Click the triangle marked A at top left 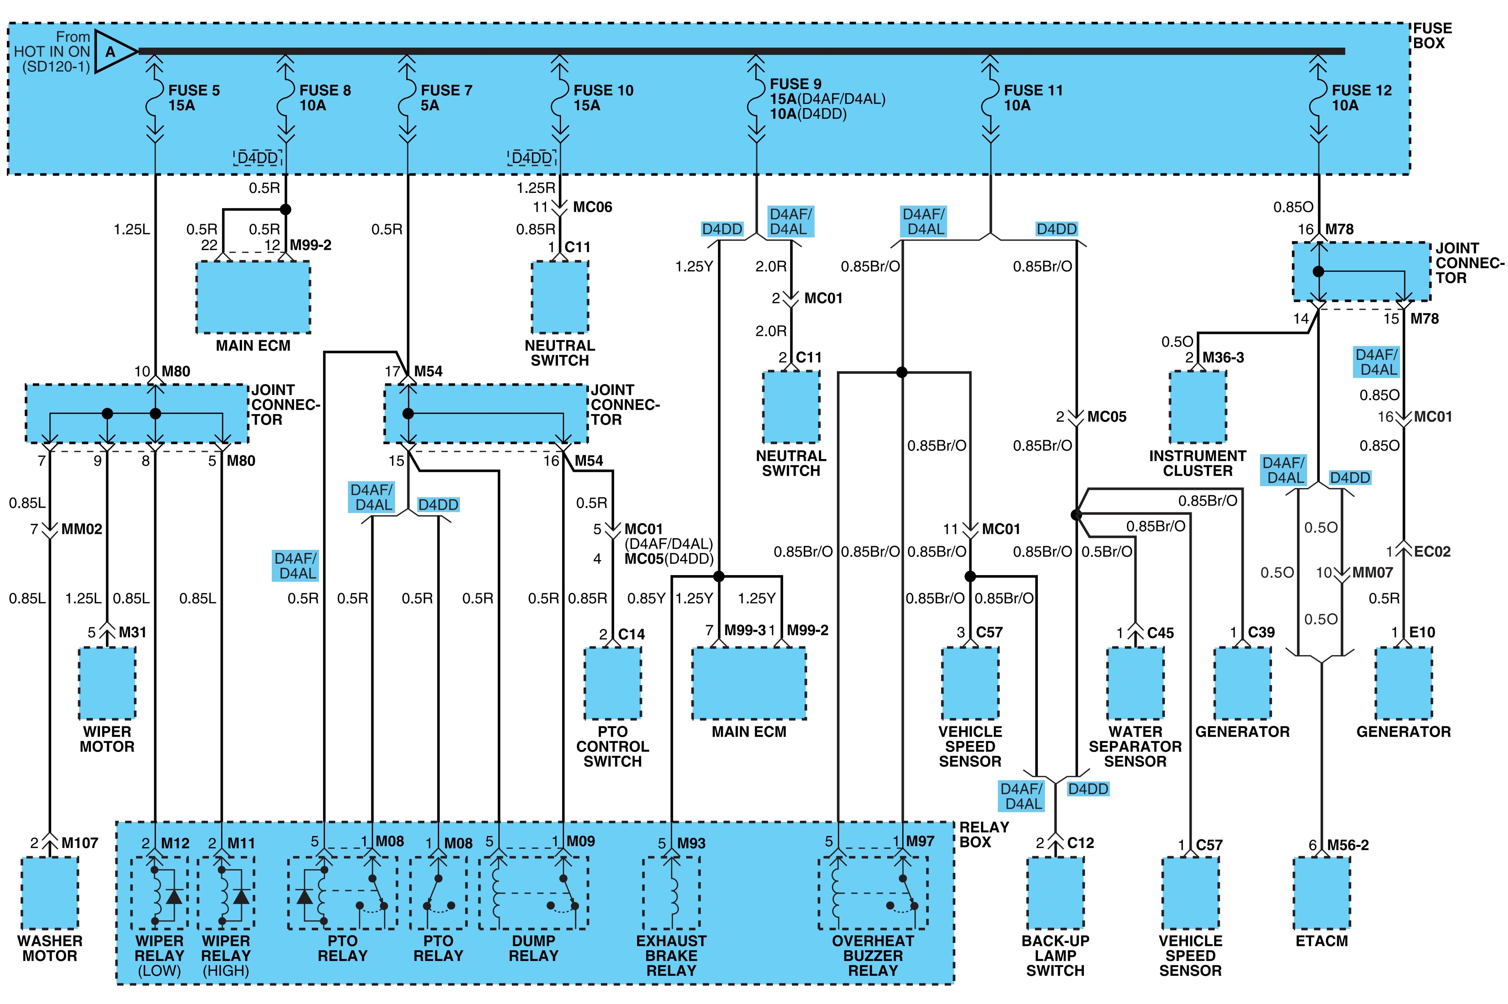(114, 51)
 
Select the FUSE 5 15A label (193, 98)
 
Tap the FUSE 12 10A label (1361, 98)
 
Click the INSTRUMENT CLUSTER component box (1197, 407)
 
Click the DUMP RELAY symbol (533, 892)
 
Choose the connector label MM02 (82, 529)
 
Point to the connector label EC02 (1433, 551)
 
